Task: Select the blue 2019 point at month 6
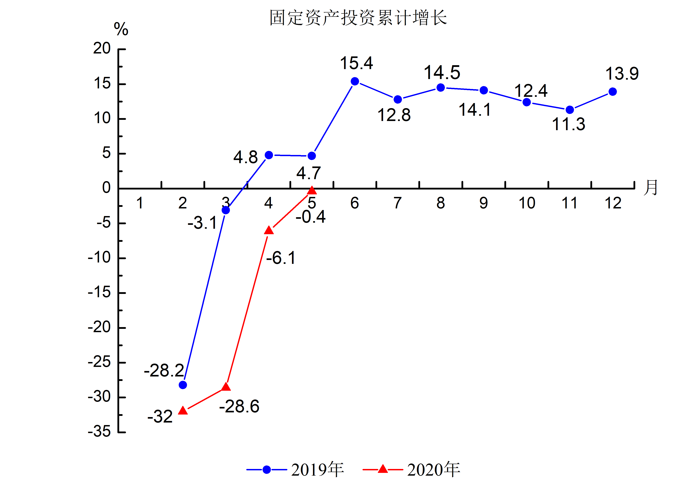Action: [x=355, y=81]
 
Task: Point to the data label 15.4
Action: [x=356, y=63]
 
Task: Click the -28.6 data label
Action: [x=239, y=406]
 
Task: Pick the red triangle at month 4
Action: [x=269, y=230]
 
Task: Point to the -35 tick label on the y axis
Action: [x=99, y=431]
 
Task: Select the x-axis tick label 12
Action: [x=613, y=203]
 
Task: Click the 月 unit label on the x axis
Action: [x=650, y=188]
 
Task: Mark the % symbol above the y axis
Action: [x=121, y=29]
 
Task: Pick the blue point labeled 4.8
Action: [x=269, y=155]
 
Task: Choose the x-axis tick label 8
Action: [x=441, y=203]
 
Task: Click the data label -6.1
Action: [x=281, y=258]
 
